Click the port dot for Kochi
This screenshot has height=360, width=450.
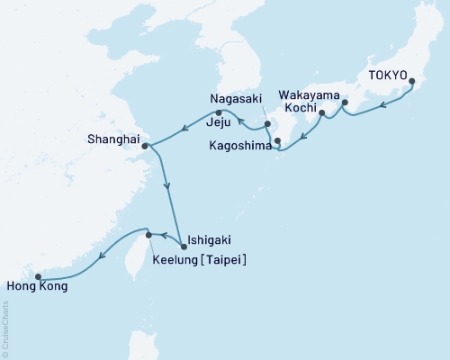point(321,114)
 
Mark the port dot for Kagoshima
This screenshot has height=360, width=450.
point(277,140)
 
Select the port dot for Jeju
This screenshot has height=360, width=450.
point(219,113)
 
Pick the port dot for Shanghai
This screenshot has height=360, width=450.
point(145,145)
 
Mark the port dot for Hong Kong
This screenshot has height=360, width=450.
point(38,276)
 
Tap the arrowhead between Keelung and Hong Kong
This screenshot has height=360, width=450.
point(102,255)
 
